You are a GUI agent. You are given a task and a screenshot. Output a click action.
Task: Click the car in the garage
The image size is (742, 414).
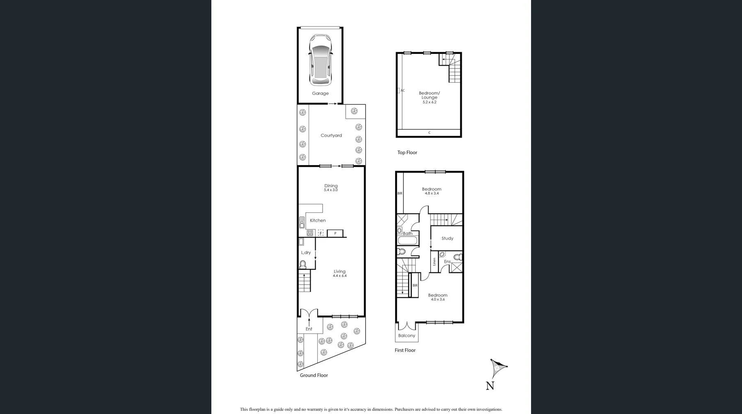(320, 60)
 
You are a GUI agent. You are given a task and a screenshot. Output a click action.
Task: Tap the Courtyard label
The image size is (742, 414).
(331, 136)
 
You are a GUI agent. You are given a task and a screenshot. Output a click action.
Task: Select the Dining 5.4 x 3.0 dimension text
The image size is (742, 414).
(331, 190)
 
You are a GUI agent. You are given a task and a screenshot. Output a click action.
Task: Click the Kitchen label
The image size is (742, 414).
(318, 221)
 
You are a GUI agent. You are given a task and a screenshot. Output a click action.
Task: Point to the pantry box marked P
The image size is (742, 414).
(335, 233)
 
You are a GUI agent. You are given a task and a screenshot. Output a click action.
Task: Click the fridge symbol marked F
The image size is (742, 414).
(321, 233)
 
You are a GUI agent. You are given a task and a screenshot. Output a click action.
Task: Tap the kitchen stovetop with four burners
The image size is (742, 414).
(310, 233)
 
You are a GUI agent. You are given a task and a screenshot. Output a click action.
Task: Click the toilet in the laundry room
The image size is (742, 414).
(303, 264)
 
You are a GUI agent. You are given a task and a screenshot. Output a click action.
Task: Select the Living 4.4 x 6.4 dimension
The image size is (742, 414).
(339, 276)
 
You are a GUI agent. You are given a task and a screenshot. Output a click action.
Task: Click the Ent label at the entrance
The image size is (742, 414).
(309, 329)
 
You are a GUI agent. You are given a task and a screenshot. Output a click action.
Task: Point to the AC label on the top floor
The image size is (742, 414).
(403, 90)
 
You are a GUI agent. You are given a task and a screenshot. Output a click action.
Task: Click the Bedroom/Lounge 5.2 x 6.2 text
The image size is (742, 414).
(429, 97)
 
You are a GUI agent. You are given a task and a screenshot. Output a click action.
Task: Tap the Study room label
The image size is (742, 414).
(447, 238)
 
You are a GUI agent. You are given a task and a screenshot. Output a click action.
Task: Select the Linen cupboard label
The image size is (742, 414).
(434, 262)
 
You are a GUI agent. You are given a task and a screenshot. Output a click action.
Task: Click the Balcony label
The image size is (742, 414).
(406, 336)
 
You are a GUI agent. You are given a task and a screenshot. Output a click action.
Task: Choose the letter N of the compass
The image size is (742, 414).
(490, 386)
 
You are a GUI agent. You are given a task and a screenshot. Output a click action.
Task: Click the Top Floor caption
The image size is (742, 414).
(407, 152)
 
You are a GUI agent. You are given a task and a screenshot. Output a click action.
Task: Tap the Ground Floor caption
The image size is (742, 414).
(314, 375)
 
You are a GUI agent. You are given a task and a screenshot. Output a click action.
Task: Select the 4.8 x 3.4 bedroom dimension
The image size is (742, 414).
(432, 193)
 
